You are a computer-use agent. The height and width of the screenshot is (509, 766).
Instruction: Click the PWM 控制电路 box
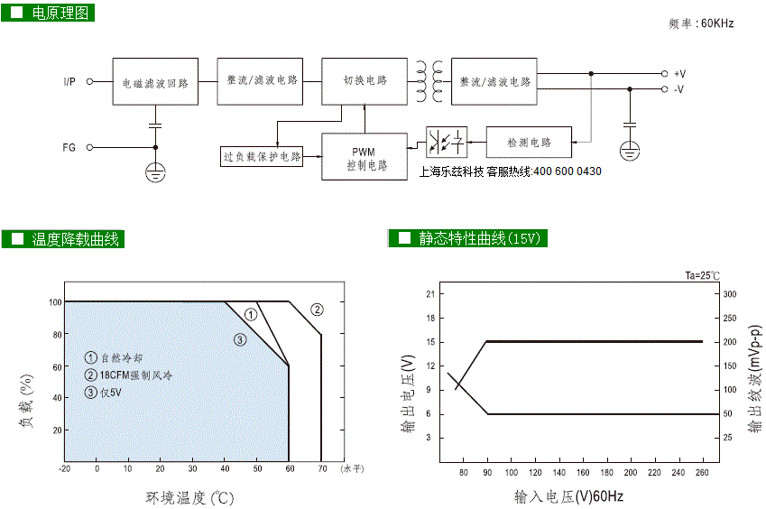365,156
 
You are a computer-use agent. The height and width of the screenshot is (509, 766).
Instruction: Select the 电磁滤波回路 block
155,82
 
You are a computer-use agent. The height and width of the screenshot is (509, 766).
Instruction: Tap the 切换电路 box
365,80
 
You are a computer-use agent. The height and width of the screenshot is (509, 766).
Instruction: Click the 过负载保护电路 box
262,156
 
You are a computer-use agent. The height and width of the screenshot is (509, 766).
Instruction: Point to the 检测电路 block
529,142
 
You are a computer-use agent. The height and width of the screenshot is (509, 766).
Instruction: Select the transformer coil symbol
429,81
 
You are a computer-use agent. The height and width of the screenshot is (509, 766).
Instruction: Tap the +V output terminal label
679,73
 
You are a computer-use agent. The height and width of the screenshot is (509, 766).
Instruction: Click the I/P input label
69,82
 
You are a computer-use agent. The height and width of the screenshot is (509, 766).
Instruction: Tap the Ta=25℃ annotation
703,275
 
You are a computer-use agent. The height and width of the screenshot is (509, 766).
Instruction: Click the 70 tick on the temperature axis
321,469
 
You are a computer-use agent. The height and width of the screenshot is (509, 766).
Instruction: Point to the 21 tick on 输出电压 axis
430,294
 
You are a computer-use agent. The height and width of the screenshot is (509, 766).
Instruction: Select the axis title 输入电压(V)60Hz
568,496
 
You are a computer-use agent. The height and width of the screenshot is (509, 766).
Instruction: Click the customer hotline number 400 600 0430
567,171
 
